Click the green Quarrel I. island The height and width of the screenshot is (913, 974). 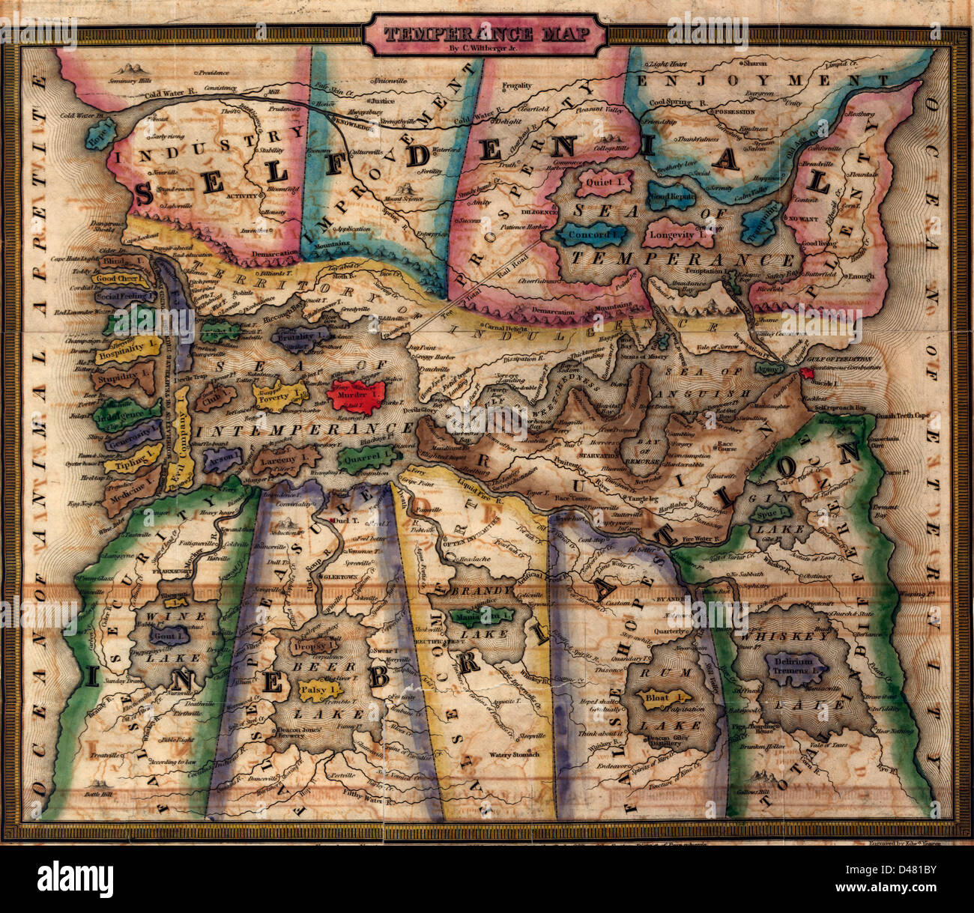point(364,456)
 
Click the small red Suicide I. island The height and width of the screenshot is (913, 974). point(808,373)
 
